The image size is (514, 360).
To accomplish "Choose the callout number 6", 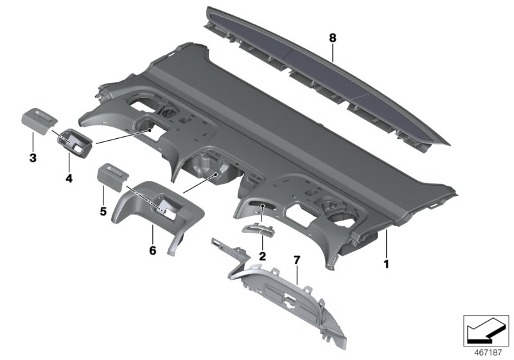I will coord(153,249).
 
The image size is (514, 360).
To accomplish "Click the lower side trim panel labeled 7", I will coord(289,301).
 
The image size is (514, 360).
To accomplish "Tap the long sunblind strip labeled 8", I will coord(321,77).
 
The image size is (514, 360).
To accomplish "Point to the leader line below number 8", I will coord(333,51).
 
